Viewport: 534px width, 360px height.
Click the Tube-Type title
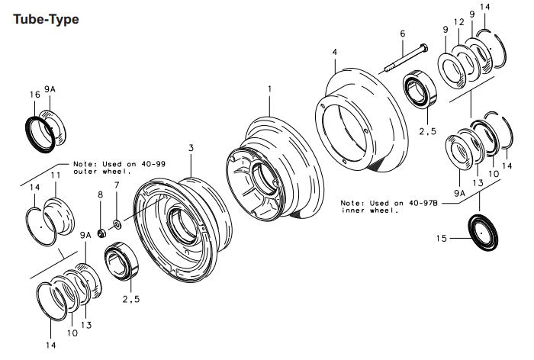(46, 18)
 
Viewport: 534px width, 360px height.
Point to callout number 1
(269, 90)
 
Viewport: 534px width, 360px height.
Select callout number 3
(191, 146)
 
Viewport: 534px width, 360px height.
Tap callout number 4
(334, 52)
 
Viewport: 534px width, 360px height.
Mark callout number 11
(54, 177)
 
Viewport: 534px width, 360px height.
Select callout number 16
(34, 95)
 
